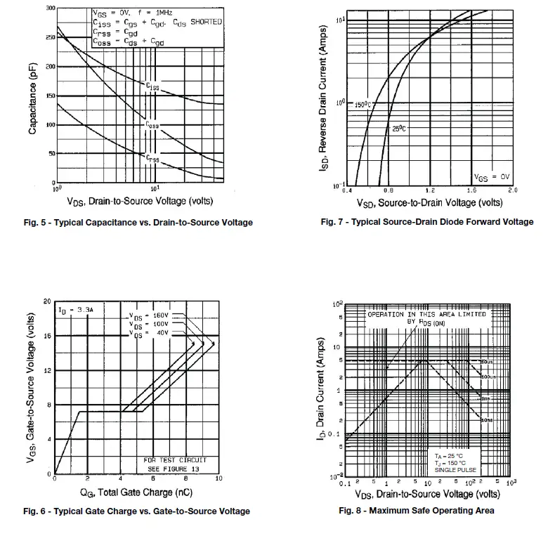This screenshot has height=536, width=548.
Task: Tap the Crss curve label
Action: click(152, 159)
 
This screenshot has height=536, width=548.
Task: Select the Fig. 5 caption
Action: click(138, 223)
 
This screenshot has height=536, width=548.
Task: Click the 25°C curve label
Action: click(400, 129)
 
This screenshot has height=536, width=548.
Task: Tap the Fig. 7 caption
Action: click(426, 222)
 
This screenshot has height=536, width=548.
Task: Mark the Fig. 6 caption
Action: click(136, 511)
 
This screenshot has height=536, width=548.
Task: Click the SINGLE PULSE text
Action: click(455, 469)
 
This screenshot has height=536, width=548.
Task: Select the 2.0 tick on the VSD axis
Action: click(512, 190)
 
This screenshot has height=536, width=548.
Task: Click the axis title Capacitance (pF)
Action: click(33, 97)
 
